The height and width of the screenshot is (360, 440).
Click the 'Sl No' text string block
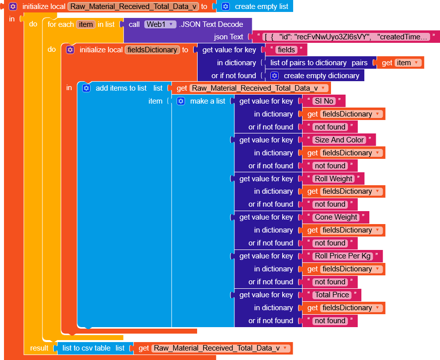[x=324, y=101]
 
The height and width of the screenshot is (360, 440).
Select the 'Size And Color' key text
[x=339, y=140]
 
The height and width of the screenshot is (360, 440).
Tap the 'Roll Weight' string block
[x=333, y=179]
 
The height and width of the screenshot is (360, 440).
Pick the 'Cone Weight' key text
[x=336, y=217]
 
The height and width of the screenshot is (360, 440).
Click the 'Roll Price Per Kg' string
[x=342, y=256]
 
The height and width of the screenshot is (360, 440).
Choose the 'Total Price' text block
[x=332, y=295]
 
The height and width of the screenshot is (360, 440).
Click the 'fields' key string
[x=286, y=50]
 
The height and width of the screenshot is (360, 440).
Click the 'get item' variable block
[x=402, y=63]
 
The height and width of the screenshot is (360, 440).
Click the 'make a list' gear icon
[x=181, y=101]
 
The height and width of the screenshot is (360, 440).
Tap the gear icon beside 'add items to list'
[x=86, y=88]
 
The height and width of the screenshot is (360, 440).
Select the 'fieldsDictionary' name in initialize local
[x=152, y=50]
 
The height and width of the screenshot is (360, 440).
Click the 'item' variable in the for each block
[x=86, y=24]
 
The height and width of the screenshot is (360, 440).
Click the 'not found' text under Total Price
[x=330, y=321]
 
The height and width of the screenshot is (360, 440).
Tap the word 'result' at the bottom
[x=39, y=348]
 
